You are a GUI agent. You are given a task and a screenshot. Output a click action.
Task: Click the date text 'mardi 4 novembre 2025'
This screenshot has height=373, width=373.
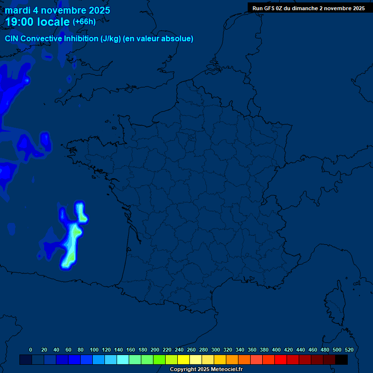click(57, 10)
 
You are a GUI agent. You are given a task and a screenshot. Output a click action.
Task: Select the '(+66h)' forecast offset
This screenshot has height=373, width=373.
click(84, 22)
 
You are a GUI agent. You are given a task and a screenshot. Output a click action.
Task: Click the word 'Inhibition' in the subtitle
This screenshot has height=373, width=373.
click(81, 39)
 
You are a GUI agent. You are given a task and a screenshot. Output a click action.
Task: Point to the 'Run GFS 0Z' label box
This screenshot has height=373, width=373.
click(308, 8)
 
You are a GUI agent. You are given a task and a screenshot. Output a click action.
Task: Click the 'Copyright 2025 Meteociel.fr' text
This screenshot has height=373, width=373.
click(206, 370)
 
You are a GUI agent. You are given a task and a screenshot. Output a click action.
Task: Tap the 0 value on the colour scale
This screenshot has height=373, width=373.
click(31, 350)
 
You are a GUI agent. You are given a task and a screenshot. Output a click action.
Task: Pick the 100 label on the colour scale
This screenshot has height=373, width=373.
click(94, 350)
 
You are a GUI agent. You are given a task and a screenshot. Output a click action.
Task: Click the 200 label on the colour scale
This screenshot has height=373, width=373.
click(155, 350)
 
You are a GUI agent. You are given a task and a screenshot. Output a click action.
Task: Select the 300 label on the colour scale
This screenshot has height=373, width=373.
click(216, 350)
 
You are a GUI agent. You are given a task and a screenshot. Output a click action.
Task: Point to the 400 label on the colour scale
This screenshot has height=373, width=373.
click(276, 350)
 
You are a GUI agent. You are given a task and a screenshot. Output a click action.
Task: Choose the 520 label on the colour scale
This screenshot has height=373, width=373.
click(349, 350)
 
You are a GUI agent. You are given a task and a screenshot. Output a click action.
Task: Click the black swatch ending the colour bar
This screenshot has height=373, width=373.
click(341, 359)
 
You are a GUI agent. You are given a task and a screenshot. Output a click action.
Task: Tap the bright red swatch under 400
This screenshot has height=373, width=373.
click(281, 359)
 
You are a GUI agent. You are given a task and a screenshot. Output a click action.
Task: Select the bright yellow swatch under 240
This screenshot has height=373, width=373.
click(184, 359)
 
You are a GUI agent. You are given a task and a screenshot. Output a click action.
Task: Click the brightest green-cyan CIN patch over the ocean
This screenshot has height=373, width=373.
click(74, 236)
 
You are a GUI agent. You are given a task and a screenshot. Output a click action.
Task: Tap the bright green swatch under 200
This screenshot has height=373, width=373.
click(159, 359)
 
